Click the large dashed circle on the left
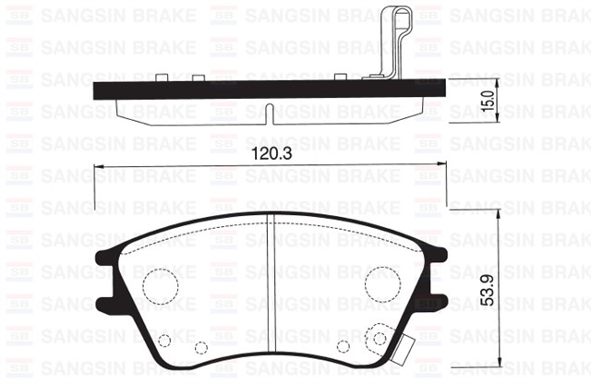coord(160,282)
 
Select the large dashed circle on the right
coord(380,281)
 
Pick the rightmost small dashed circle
coord(379,340)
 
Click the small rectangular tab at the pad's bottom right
coord(403,349)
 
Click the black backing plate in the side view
coord(231,90)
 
